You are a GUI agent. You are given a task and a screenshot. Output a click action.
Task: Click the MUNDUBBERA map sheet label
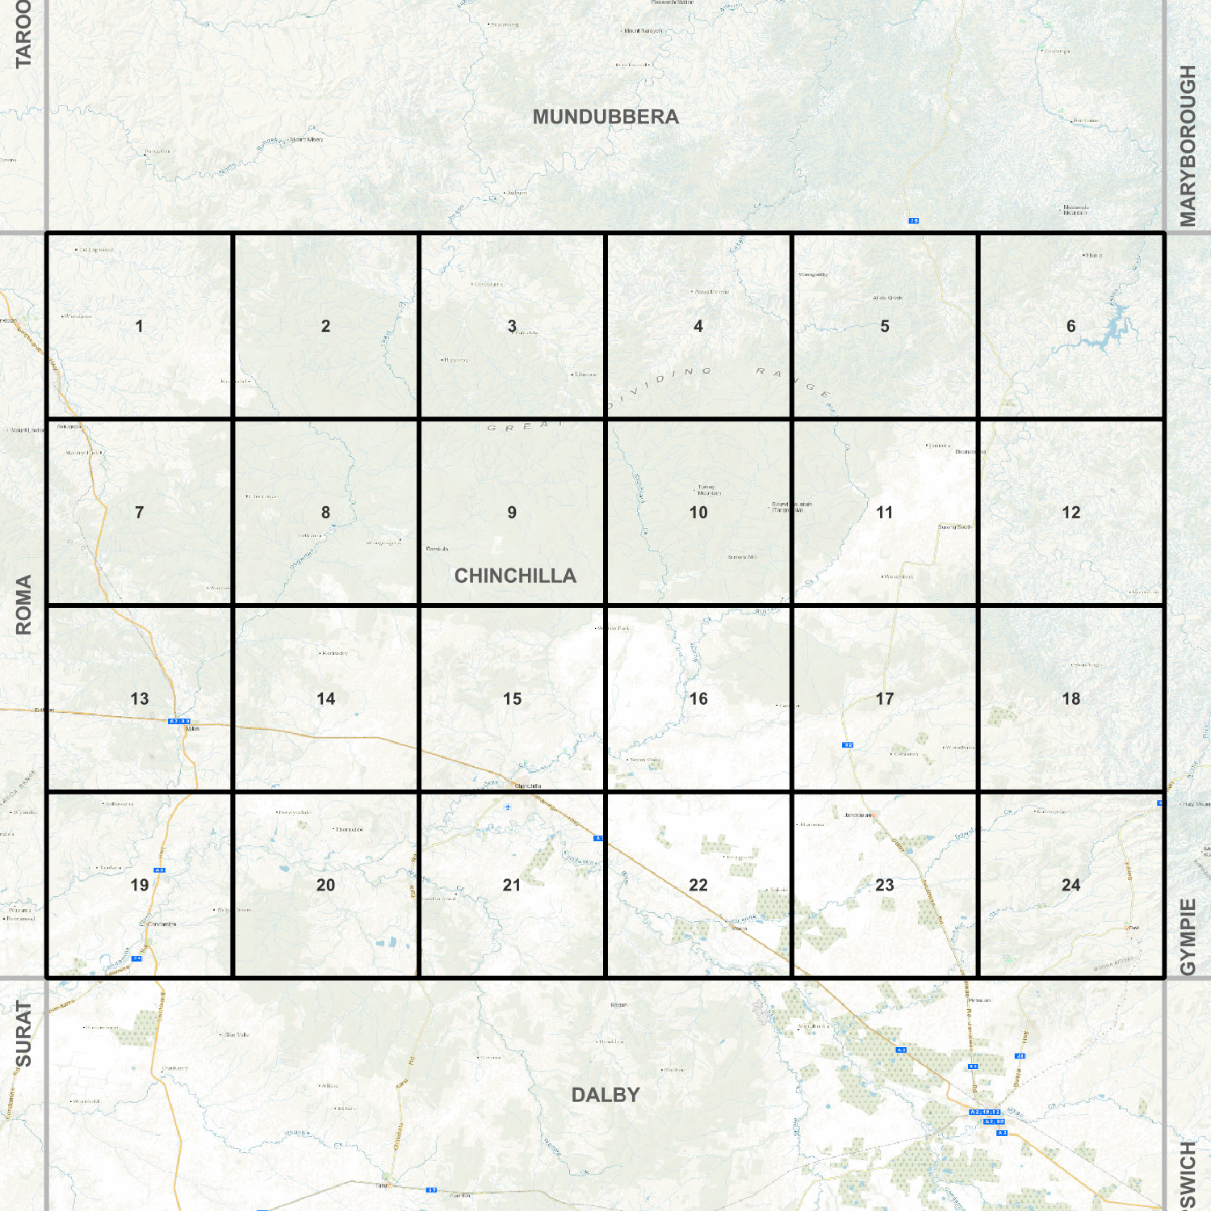605,117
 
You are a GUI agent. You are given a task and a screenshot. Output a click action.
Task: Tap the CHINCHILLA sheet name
515,576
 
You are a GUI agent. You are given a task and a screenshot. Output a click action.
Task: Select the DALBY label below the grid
605,1095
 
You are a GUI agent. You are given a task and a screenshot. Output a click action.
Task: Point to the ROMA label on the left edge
23,604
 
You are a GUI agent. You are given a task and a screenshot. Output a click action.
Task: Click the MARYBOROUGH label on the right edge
1188,145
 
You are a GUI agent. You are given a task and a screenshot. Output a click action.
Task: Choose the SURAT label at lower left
23,1033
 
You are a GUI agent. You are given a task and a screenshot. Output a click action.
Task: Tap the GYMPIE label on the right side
1188,937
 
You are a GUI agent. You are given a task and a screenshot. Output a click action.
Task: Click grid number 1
139,326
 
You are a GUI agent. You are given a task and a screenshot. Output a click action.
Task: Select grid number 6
1071,326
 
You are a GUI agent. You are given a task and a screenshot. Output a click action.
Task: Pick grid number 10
698,513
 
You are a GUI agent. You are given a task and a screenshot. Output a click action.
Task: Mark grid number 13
140,699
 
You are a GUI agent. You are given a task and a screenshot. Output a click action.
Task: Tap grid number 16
698,699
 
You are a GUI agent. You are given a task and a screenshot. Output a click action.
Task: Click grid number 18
1071,699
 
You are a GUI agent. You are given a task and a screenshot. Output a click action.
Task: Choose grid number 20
325,886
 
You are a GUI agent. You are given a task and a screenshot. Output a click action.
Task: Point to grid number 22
698,886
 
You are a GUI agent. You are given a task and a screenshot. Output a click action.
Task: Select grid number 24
1071,886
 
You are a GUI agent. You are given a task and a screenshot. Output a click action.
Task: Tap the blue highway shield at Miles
178,721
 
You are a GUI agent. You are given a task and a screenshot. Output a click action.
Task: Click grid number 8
325,513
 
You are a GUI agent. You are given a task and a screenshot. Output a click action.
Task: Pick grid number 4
698,326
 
